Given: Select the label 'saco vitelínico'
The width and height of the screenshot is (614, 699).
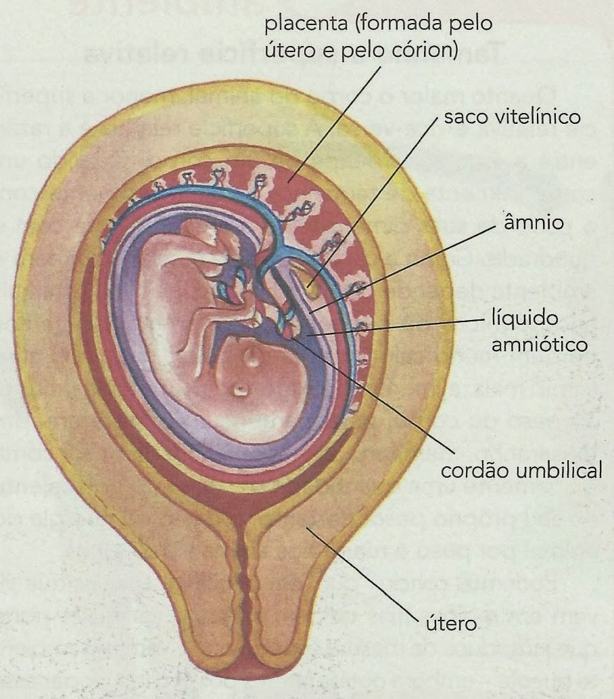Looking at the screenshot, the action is pyautogui.click(x=513, y=117).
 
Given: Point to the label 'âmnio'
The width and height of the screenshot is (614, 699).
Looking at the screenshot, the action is pyautogui.click(x=534, y=223).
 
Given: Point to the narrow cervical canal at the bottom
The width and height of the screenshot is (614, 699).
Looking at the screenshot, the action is pyautogui.click(x=245, y=595).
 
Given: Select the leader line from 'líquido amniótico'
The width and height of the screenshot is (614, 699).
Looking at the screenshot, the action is pyautogui.click(x=406, y=327).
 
